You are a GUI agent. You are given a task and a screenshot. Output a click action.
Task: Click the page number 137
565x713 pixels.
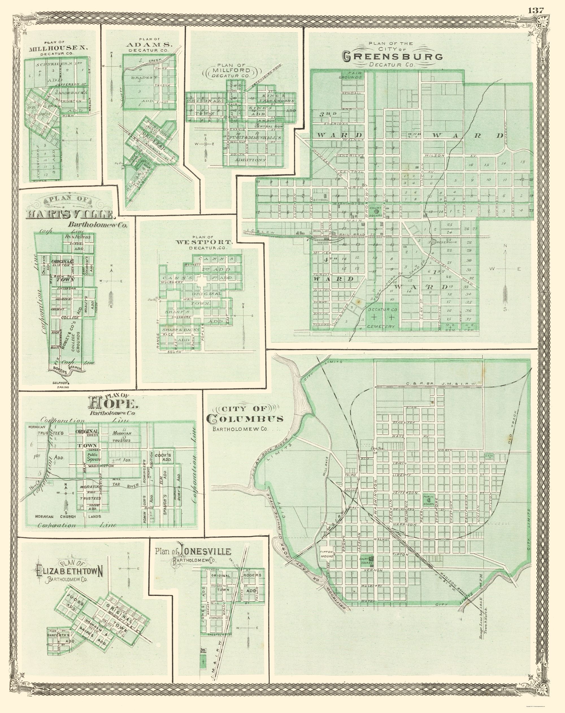[x=536, y=10]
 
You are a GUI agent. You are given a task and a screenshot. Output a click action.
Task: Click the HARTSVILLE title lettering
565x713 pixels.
[x=70, y=215]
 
